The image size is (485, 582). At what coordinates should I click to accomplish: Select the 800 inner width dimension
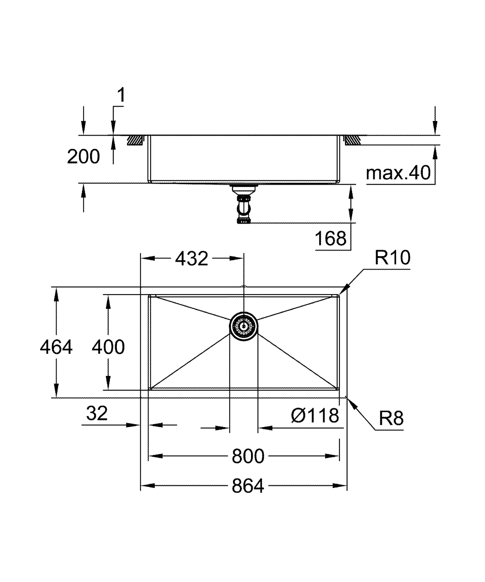[248, 456]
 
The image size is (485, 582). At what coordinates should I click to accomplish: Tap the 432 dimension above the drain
[192, 259]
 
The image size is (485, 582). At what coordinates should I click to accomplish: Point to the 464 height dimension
[56, 347]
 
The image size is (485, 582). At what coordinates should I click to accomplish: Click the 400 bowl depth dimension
[108, 347]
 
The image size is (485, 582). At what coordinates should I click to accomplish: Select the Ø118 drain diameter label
[315, 416]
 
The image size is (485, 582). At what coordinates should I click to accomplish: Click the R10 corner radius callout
[392, 258]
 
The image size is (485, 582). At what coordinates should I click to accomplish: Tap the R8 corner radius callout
[391, 418]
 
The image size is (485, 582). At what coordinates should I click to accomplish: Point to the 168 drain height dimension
[331, 238]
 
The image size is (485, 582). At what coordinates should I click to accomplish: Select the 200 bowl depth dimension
[83, 156]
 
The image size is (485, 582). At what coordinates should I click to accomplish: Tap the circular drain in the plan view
[244, 326]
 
